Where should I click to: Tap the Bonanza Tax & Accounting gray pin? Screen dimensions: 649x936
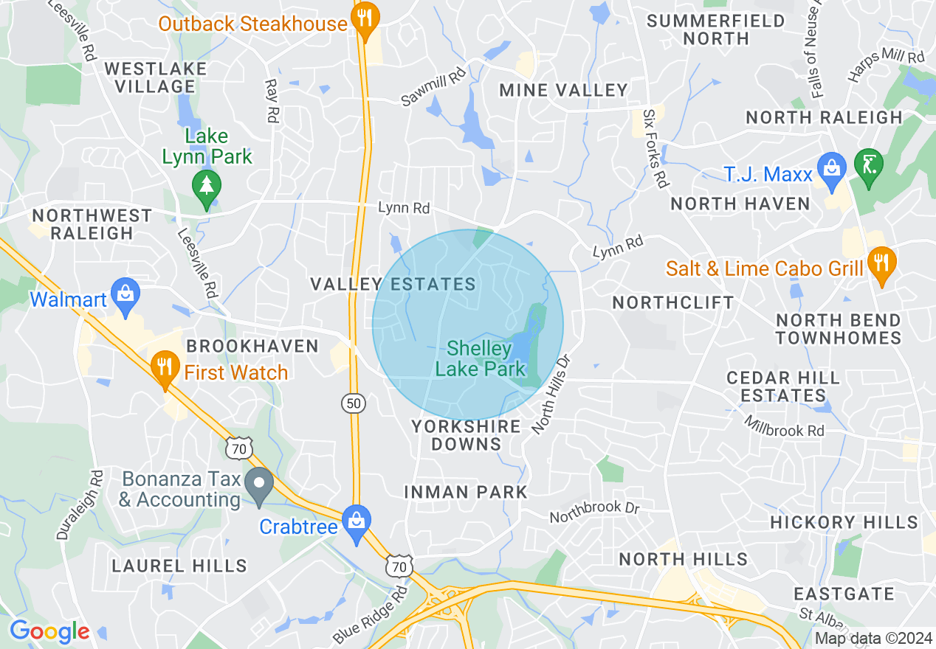point(259,487)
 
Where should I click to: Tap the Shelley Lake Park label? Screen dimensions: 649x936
point(481,358)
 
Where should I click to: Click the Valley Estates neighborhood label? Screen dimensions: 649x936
point(393,284)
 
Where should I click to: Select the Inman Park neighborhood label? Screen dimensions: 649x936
point(467,492)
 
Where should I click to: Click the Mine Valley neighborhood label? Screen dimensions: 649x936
point(564,90)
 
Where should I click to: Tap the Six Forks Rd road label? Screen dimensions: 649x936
point(655,149)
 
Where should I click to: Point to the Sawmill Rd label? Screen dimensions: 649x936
point(433,87)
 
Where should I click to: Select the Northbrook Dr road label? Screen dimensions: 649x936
point(594,513)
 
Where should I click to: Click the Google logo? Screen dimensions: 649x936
point(49,632)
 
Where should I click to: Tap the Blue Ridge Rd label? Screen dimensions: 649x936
point(371,615)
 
